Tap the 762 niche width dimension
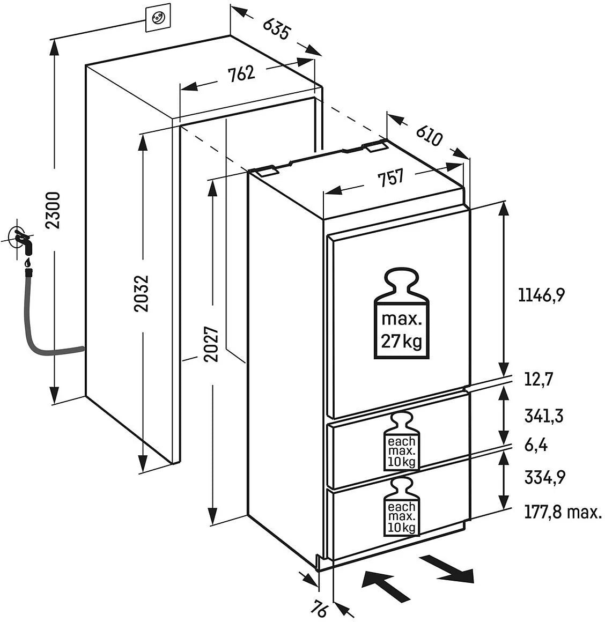[x=241, y=73]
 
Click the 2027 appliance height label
[x=213, y=344]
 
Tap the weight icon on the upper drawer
[x=402, y=441]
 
